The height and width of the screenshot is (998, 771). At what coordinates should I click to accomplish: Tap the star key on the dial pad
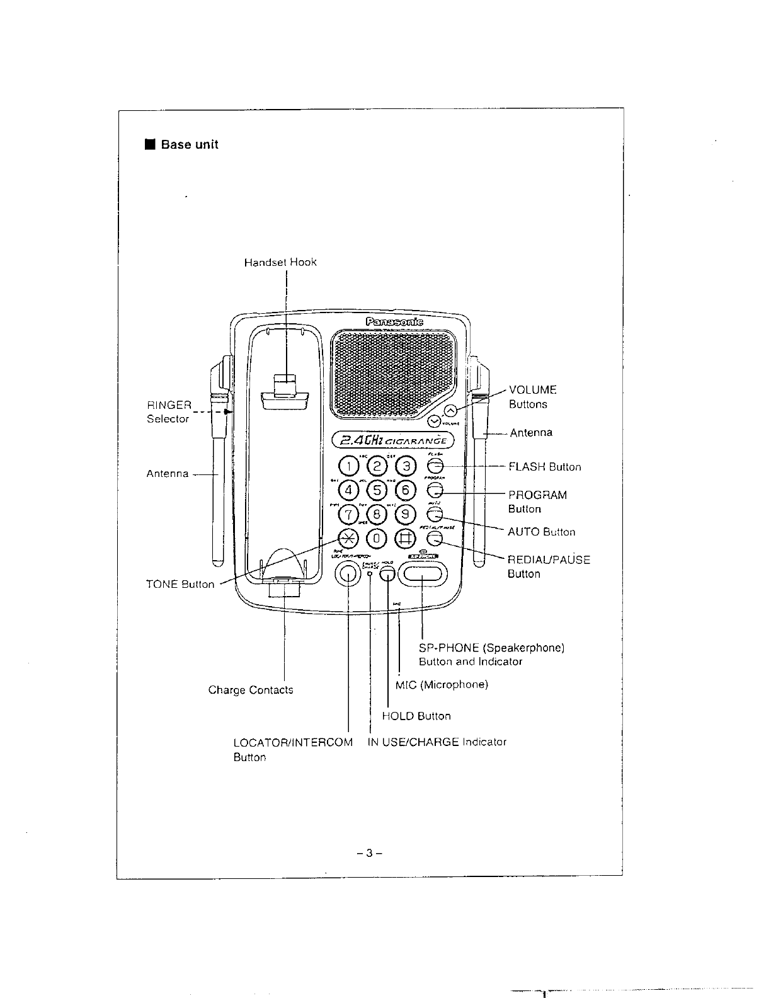(348, 537)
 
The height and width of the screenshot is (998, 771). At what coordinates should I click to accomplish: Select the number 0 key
(377, 538)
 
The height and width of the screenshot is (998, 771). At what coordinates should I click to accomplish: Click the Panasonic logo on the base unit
(394, 322)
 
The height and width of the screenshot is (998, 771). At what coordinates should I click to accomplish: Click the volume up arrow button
(451, 411)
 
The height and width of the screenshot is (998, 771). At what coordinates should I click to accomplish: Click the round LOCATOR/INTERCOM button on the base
(348, 573)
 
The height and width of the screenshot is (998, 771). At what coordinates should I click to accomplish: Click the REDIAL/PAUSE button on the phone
(435, 538)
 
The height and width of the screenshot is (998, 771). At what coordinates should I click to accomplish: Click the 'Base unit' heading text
(189, 144)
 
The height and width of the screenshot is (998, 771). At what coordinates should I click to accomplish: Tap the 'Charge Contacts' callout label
(251, 690)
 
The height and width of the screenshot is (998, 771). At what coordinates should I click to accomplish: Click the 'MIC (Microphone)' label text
(442, 684)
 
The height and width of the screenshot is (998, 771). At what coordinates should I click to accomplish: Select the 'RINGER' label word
(169, 405)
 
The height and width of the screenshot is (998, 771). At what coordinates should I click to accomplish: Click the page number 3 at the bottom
(370, 854)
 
